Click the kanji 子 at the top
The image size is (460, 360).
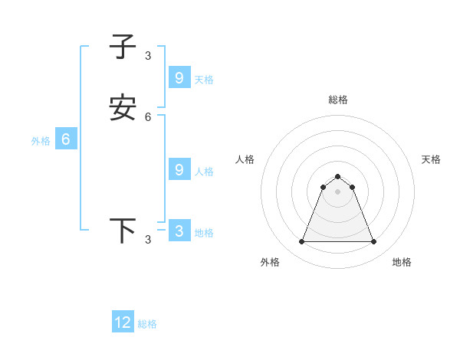pos(123,47)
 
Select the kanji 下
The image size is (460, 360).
pos(123,231)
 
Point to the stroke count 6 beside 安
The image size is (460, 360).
pos(148,117)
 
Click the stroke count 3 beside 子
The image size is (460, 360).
pos(148,55)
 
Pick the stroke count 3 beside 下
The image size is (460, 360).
pos(148,240)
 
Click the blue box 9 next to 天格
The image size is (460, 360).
pos(179,77)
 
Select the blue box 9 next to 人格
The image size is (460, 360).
pos(179,169)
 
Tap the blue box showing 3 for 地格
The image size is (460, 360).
pos(179,231)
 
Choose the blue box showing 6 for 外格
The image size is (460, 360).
pos(66,139)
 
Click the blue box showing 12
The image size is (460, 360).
pos(123,322)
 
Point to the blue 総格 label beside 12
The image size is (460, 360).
pos(147,324)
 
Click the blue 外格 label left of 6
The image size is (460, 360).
pos(41,141)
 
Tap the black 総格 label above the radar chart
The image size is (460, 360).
pos(338,100)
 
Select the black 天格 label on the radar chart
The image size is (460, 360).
pos(431,159)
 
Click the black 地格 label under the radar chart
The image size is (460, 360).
pos(402,262)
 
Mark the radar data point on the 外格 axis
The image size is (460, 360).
pos(301,242)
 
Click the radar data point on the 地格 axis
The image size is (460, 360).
pos(374,242)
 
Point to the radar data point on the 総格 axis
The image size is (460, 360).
pos(337,176)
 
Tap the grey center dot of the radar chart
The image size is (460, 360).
pos(337,191)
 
